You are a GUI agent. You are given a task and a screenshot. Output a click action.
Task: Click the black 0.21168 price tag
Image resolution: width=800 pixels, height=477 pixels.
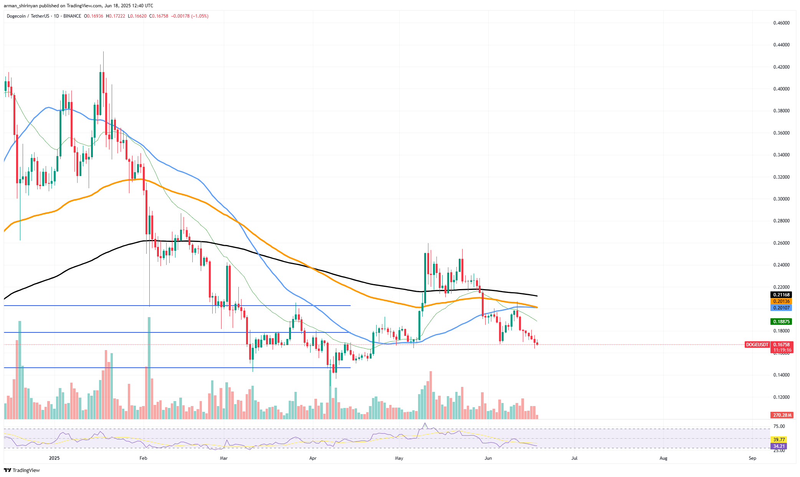click(781, 295)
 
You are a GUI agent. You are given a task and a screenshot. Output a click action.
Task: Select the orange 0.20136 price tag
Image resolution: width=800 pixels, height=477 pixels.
click(781, 301)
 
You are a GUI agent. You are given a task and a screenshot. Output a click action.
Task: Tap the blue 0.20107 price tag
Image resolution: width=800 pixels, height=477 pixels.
click(781, 308)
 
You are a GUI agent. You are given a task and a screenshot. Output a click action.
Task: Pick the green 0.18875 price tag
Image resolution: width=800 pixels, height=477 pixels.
click(781, 322)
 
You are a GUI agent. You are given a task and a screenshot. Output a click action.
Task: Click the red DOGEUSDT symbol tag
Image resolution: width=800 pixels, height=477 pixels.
click(757, 345)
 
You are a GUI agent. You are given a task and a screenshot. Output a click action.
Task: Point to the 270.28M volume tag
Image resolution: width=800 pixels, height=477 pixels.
click(782, 415)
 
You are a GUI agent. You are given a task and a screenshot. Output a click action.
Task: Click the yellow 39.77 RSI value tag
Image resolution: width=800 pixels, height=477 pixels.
click(779, 440)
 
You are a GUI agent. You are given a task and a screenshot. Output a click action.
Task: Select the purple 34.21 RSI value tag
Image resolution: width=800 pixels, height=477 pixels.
click(779, 446)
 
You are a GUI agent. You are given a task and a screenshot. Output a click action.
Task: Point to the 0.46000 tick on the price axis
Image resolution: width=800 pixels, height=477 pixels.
click(781, 23)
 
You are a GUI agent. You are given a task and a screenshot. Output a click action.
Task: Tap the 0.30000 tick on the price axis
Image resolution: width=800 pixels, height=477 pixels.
click(781, 199)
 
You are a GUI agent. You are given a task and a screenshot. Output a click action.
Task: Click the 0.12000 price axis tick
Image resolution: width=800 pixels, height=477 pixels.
click(781, 397)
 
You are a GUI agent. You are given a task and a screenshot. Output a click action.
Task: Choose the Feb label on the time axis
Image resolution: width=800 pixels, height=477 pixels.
click(143, 458)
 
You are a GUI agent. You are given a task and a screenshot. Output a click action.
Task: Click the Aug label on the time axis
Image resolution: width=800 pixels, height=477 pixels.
click(663, 458)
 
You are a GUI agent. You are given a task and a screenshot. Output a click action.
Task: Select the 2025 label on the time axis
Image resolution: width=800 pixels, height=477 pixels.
click(55, 458)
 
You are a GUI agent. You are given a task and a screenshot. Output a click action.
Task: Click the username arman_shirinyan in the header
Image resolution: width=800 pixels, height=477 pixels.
click(21, 6)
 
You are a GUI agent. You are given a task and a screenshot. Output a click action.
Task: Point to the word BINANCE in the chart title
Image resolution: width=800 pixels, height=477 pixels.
click(72, 16)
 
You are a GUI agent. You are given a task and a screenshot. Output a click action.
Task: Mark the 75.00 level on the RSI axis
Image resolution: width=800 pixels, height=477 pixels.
click(779, 426)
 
